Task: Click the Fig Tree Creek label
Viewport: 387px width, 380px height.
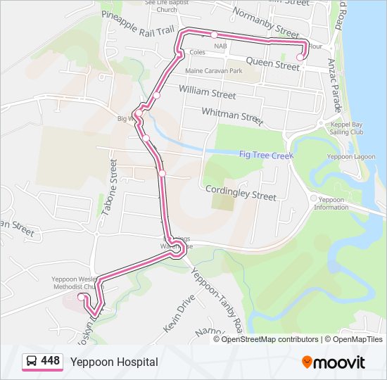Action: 265,154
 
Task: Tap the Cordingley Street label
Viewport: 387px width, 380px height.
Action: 241,193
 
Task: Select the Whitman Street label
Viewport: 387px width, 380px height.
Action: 231,115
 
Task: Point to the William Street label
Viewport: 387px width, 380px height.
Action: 207,92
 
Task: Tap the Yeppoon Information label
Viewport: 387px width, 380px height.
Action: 330,203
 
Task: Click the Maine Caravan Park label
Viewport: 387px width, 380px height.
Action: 213,71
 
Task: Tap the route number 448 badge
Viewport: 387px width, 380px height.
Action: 50,361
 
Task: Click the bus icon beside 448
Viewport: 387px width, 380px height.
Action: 32,362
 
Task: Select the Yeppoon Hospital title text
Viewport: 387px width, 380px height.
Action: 114,362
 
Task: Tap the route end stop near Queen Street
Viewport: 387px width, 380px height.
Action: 300,57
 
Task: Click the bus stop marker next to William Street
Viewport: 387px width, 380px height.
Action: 156,96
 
